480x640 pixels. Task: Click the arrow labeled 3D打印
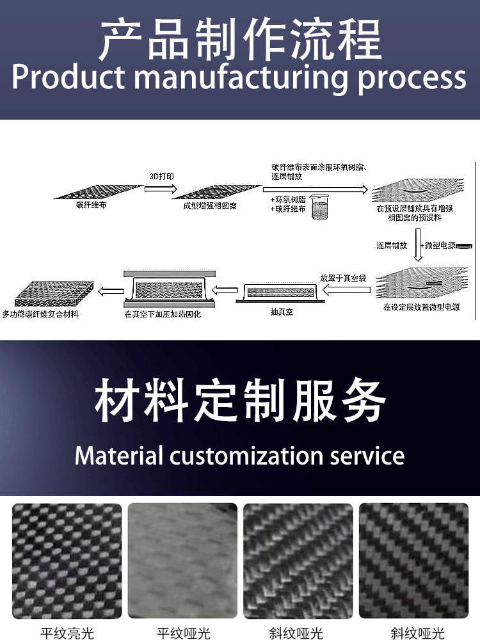(160, 189)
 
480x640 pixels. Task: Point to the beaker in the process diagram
(319, 208)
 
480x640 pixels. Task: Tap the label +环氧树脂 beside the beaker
(288, 200)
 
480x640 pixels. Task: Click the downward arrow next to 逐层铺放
(418, 248)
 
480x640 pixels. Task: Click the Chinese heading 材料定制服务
(240, 401)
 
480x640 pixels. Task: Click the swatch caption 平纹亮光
(67, 633)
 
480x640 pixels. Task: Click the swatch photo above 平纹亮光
(67, 561)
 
